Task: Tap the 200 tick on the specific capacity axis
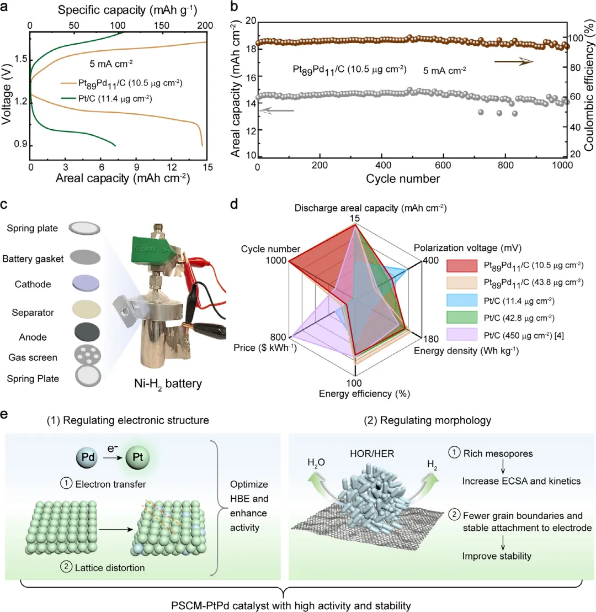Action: tap(205, 25)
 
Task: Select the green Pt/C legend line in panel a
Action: tap(69, 99)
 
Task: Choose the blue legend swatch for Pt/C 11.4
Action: tap(460, 301)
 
